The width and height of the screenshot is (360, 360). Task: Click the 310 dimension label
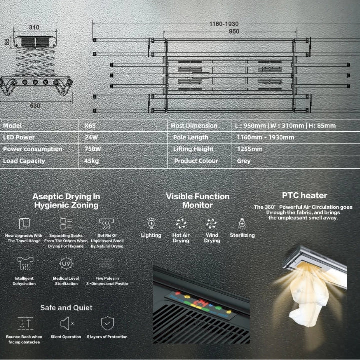(34, 27)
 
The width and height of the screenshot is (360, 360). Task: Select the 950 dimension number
(234, 32)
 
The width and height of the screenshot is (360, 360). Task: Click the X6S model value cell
(90, 126)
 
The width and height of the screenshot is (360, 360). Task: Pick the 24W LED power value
(91, 137)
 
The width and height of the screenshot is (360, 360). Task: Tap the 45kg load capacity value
(92, 161)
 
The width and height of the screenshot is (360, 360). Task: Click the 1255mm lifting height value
(250, 149)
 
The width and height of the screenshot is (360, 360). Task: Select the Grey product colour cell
(244, 161)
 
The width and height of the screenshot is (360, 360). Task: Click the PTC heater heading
(304, 195)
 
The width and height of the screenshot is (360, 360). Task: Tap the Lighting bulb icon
(151, 223)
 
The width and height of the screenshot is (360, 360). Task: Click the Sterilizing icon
(242, 223)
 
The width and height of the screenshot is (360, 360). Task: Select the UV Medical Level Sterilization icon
(66, 264)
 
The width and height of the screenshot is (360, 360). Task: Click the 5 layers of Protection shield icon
(107, 323)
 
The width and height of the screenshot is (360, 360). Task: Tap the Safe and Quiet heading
(66, 307)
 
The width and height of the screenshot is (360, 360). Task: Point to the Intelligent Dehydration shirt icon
(24, 264)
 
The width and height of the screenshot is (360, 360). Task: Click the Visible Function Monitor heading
(198, 201)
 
